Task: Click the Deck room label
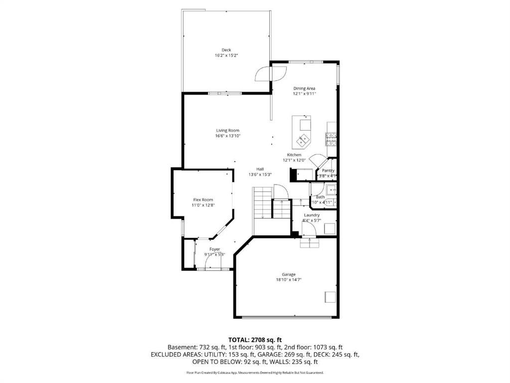226,49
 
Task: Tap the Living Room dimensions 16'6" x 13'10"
227,136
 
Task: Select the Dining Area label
304,88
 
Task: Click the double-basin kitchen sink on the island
303,140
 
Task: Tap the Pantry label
328,171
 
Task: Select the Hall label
260,169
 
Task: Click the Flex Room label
203,199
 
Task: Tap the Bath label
320,197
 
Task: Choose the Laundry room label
312,215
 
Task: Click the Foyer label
214,249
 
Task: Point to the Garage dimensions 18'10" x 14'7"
289,280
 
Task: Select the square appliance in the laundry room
329,229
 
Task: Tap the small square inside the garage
330,296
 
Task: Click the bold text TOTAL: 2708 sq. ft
255,340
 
